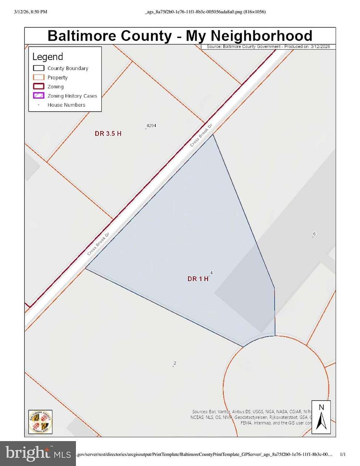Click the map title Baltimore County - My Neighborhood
pyautogui.click(x=180, y=36)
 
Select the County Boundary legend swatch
pyautogui.click(x=38, y=68)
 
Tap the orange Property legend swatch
pyautogui.click(x=38, y=77)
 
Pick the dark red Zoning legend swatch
pyautogui.click(x=38, y=87)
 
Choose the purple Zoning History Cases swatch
pyautogui.click(x=38, y=95)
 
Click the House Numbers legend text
pyautogui.click(x=66, y=105)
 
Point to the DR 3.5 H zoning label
pyautogui.click(x=108, y=134)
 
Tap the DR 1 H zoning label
pyautogui.click(x=198, y=279)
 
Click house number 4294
pyautogui.click(x=151, y=126)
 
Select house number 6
pyautogui.click(x=314, y=234)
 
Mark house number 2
pyautogui.click(x=175, y=363)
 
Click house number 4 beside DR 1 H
pyautogui.click(x=211, y=273)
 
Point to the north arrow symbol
pyautogui.click(x=321, y=417)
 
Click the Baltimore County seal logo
pyautogui.click(x=40, y=422)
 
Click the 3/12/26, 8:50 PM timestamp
pyautogui.click(x=31, y=12)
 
